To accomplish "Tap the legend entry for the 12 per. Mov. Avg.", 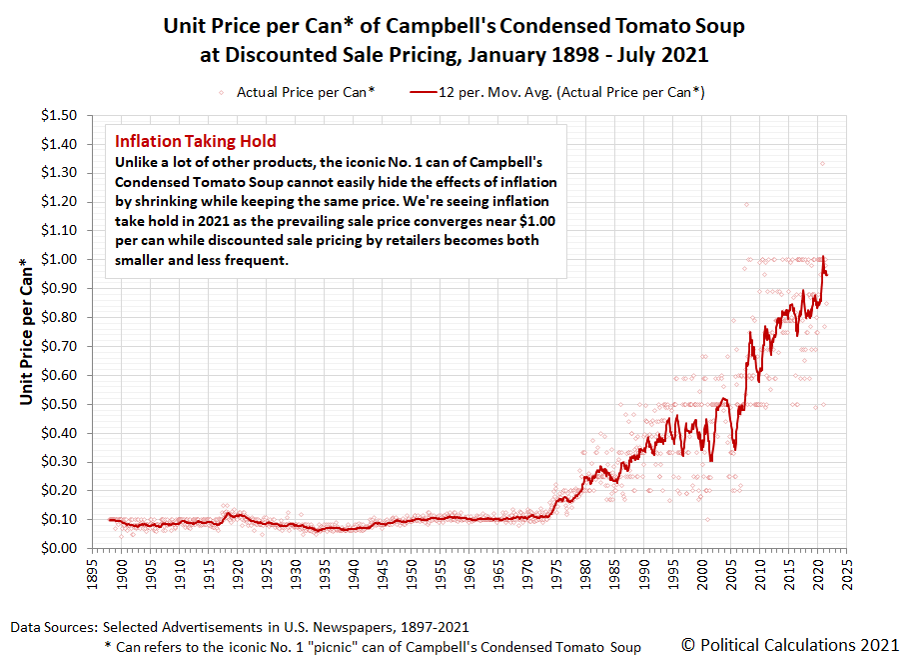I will (557, 92).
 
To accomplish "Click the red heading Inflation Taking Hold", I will (196, 142).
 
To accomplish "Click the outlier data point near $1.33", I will (823, 164).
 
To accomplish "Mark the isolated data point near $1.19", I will (746, 204).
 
